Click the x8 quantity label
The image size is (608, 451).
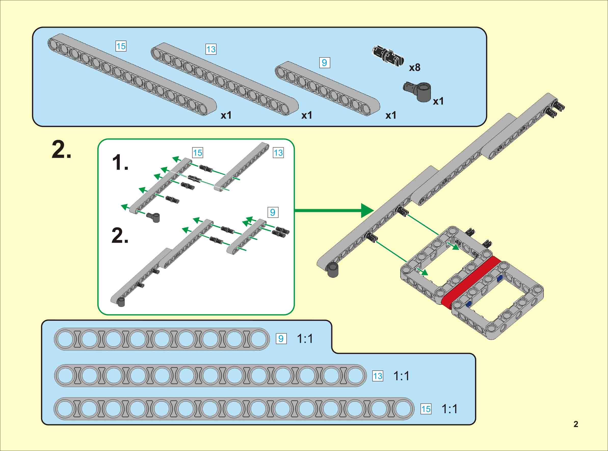click(x=415, y=67)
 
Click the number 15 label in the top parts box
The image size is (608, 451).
click(x=121, y=46)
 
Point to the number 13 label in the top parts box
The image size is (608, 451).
click(x=211, y=49)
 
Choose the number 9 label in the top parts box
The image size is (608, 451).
click(x=325, y=63)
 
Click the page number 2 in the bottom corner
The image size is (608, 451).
click(x=576, y=424)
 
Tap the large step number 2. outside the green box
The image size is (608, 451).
click(x=61, y=150)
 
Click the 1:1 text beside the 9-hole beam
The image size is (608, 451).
click(x=305, y=339)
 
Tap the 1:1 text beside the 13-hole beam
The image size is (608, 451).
click(x=401, y=376)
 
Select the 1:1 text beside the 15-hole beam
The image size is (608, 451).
click(x=450, y=409)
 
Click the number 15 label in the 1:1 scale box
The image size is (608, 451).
click(x=426, y=409)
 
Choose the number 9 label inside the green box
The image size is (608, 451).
click(x=272, y=213)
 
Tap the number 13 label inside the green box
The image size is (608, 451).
click(x=278, y=153)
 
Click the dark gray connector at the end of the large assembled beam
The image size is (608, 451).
click(x=333, y=270)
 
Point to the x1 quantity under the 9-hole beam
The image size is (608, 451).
click(x=391, y=116)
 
